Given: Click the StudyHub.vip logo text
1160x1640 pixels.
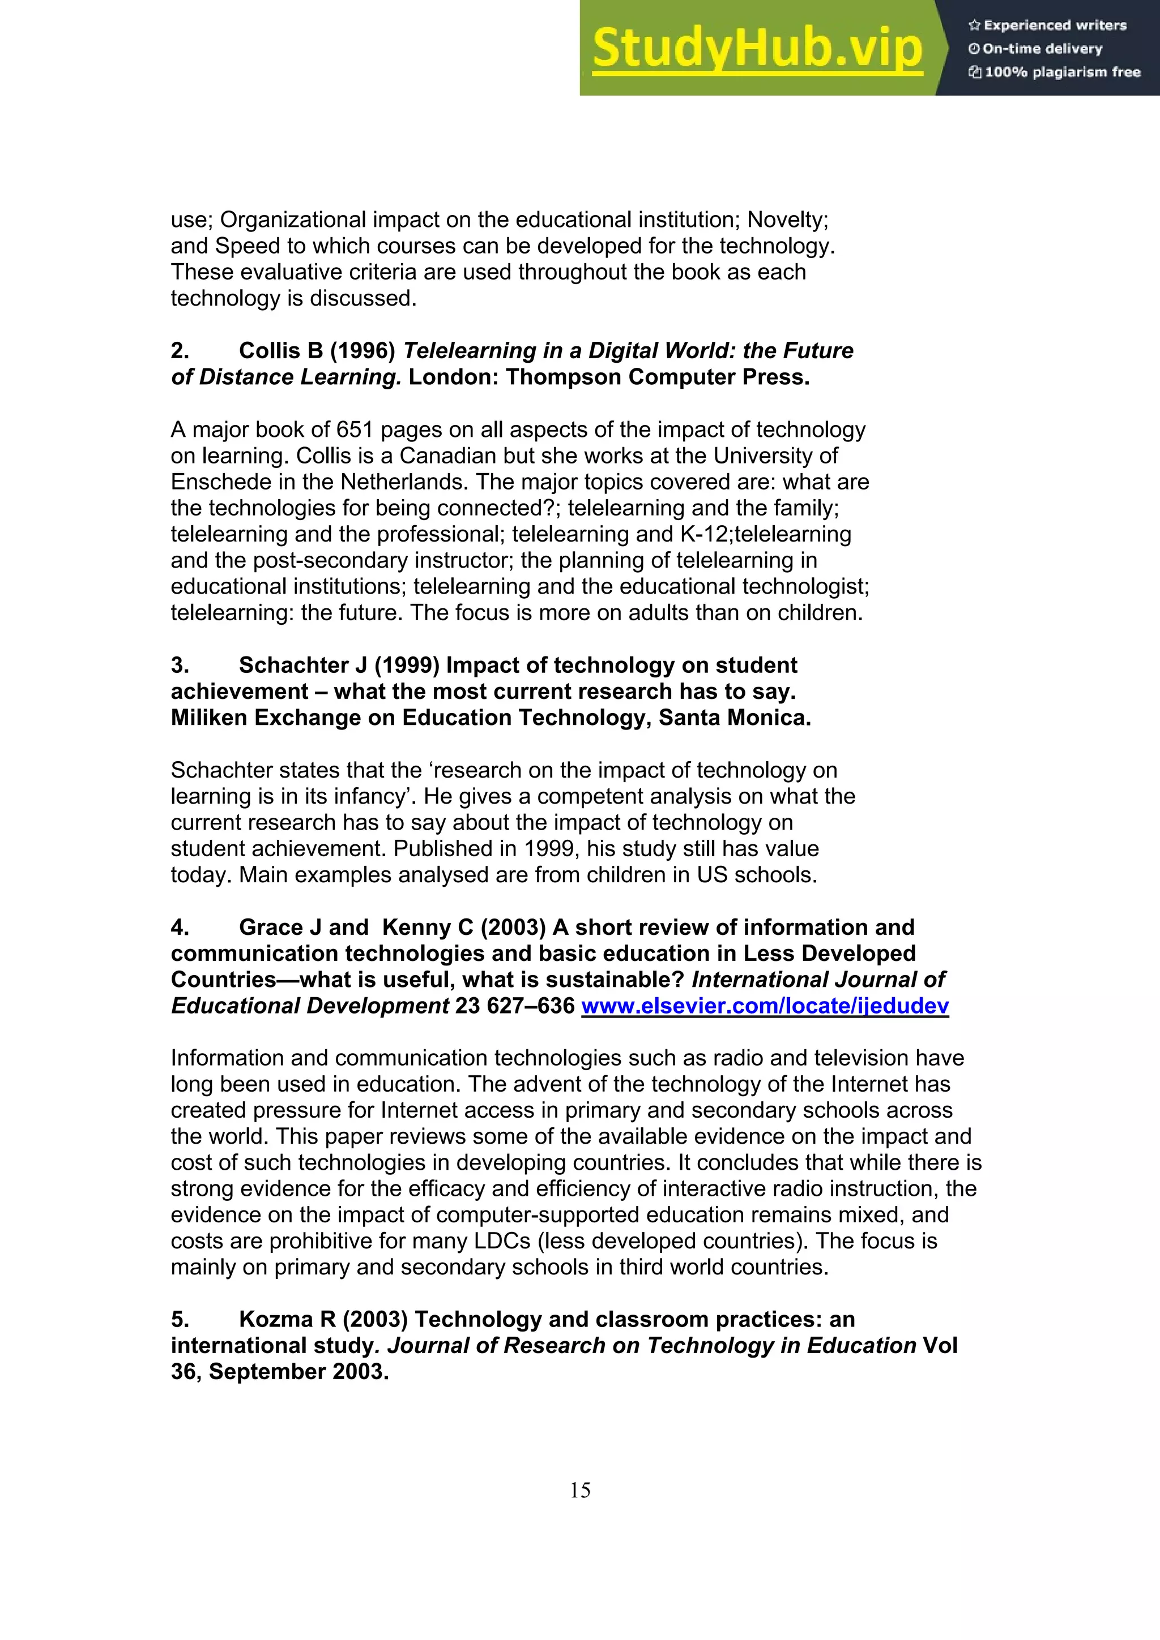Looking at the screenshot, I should coord(758,49).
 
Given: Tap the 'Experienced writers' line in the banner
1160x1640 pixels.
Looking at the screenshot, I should coord(1048,25).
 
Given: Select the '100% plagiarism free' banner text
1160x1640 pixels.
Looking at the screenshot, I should coord(1055,72).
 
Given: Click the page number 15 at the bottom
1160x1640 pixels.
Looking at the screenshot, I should coord(579,1490).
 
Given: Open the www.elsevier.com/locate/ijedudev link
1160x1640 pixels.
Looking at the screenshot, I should coord(765,1006).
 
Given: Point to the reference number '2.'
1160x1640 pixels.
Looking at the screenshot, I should coord(180,351).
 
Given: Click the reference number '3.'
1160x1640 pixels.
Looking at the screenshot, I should coord(180,666).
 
